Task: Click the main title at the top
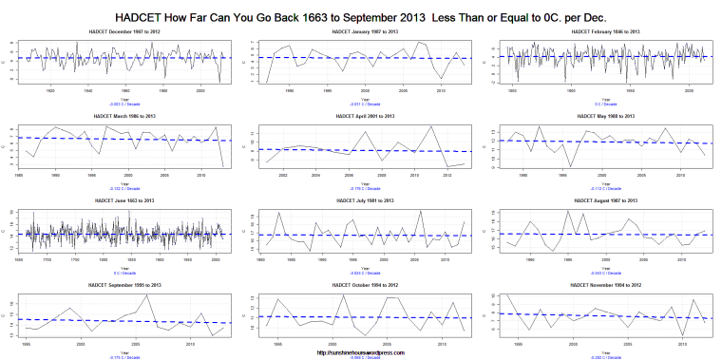[361, 18]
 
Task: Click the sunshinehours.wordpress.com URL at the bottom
[361, 352]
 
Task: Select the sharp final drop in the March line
[223, 167]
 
